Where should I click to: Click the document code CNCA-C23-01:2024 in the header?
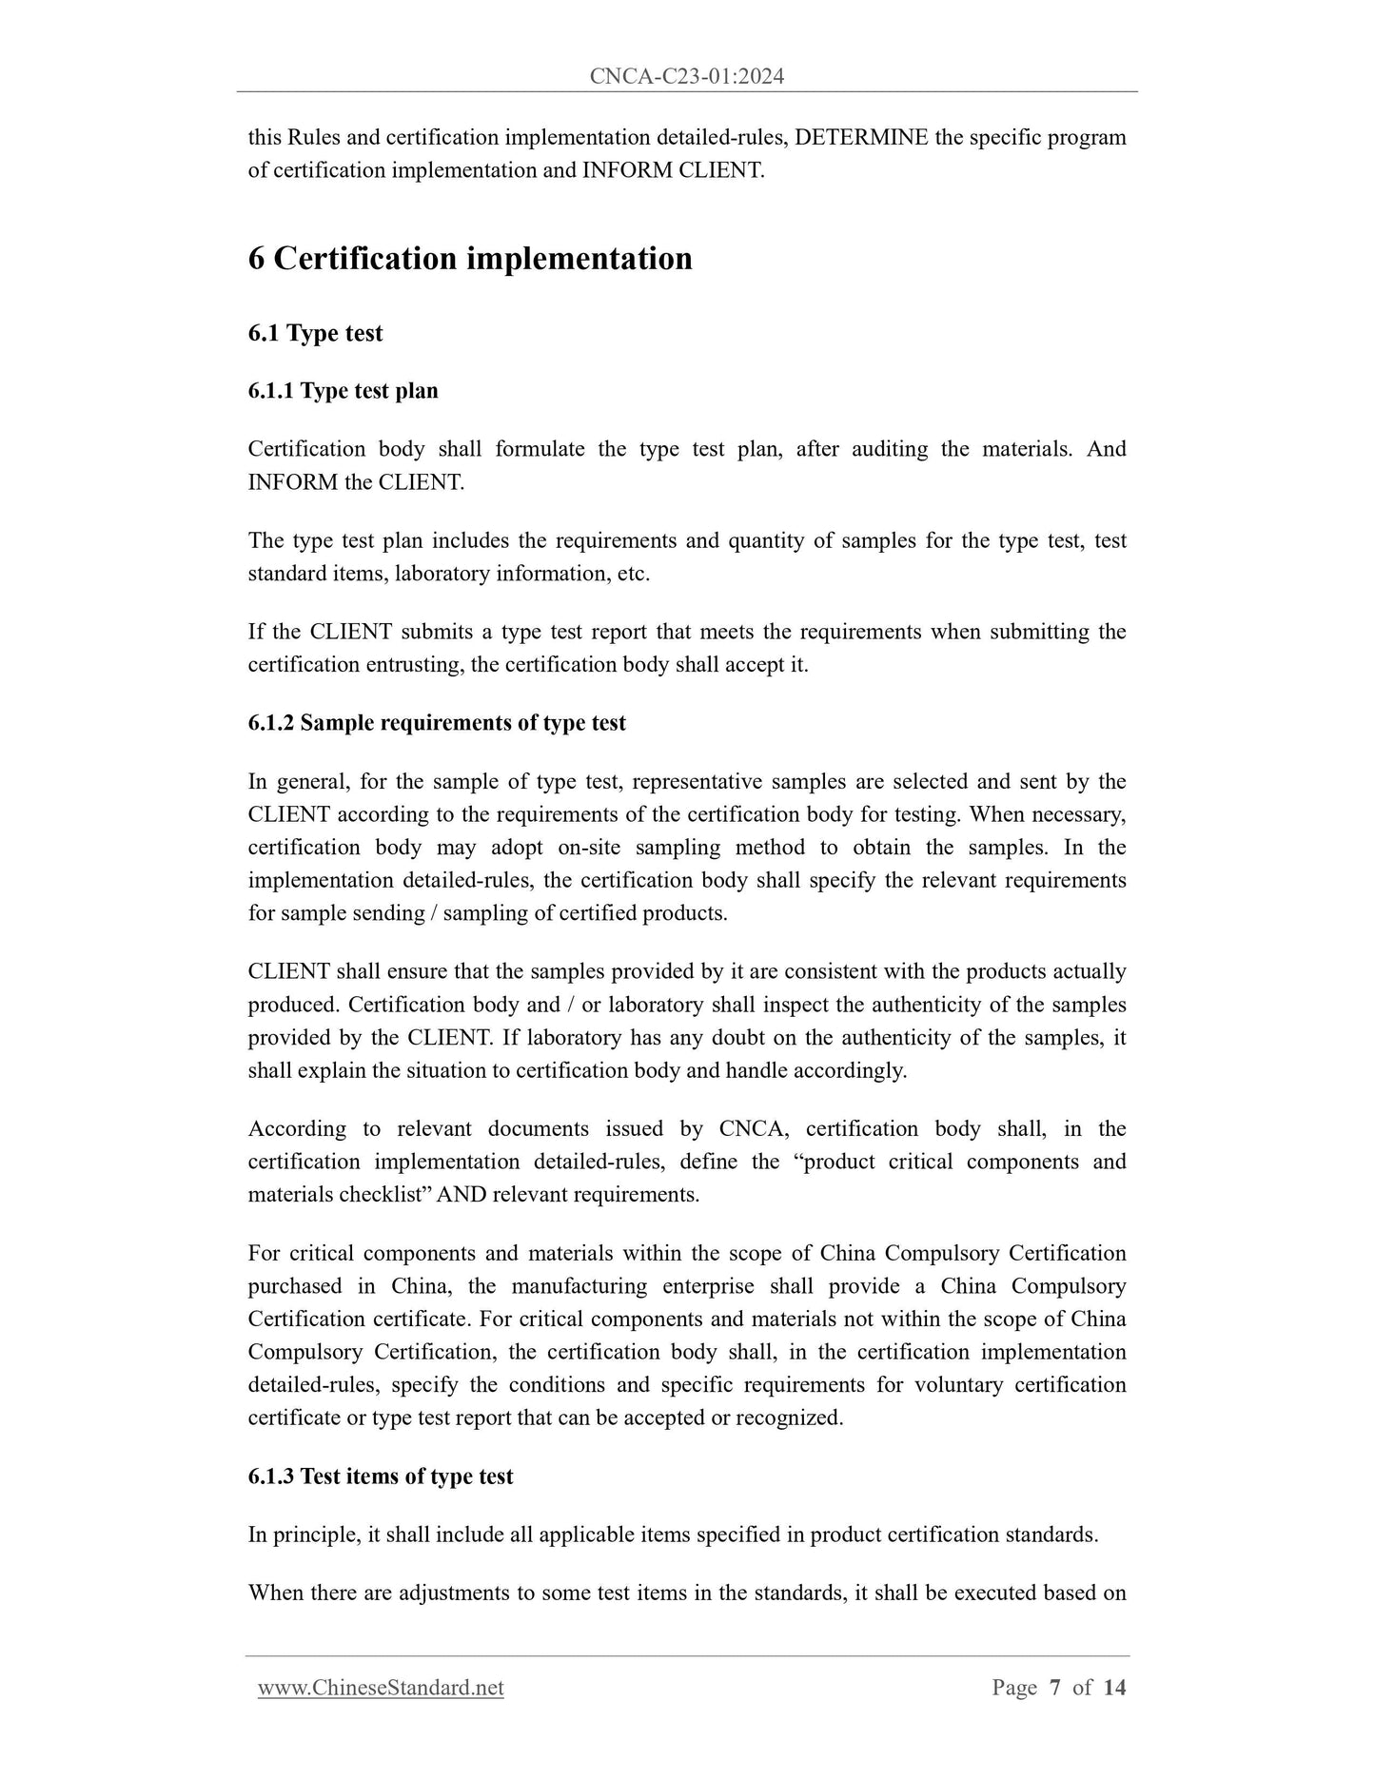coord(686,76)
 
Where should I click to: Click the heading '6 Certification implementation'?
coord(470,259)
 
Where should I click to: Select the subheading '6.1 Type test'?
coord(315,333)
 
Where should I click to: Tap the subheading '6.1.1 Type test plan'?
coord(343,391)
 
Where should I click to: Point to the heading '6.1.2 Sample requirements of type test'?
coord(437,723)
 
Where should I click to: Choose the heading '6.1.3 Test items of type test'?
coord(380,1476)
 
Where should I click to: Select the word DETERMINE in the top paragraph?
coord(860,137)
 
